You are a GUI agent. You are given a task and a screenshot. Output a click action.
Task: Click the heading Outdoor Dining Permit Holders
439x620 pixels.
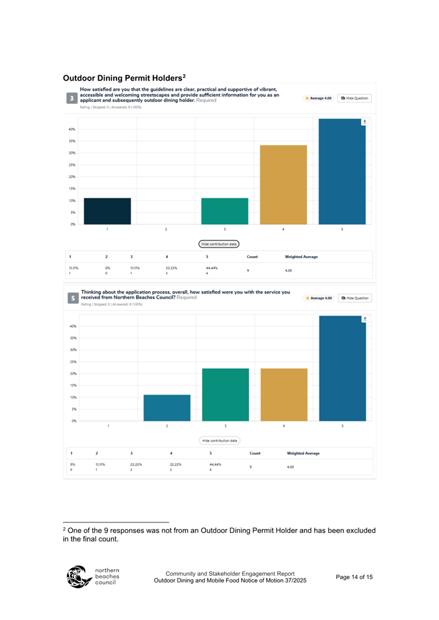coord(125,79)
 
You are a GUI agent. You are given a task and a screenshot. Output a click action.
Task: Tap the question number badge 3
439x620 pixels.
coord(72,98)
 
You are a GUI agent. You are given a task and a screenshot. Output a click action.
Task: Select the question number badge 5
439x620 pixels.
coord(72,298)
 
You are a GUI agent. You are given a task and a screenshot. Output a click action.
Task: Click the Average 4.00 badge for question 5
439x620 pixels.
coord(319,298)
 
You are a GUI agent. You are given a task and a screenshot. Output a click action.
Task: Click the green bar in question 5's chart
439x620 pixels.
coord(225,395)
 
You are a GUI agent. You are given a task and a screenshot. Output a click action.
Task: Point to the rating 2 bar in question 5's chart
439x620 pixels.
coord(166,408)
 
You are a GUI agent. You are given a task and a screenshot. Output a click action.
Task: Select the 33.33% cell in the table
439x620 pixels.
coord(172,267)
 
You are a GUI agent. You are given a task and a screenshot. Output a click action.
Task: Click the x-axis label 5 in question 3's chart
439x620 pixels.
coord(343,229)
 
